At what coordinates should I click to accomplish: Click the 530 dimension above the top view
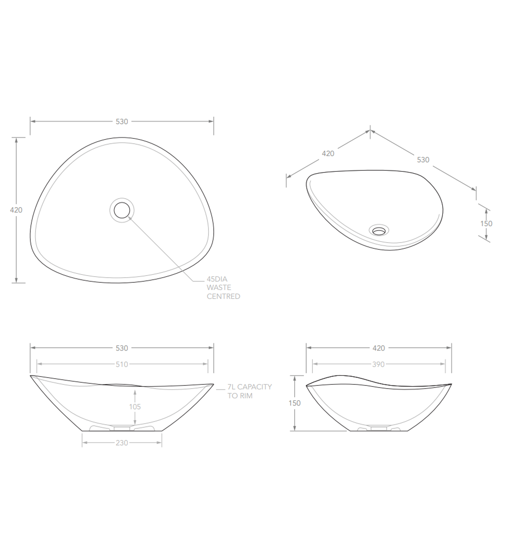[x=122, y=122]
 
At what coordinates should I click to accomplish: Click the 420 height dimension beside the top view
[x=16, y=210]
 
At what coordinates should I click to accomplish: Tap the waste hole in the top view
[x=122, y=210]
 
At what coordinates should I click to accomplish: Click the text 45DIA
[x=217, y=279]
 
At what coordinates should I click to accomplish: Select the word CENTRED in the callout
[x=223, y=296]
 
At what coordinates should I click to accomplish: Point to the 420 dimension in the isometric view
[x=328, y=154]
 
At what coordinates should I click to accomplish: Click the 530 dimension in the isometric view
[x=423, y=160]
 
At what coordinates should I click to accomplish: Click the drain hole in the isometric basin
[x=379, y=230]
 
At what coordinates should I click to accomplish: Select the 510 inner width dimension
[x=122, y=364]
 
